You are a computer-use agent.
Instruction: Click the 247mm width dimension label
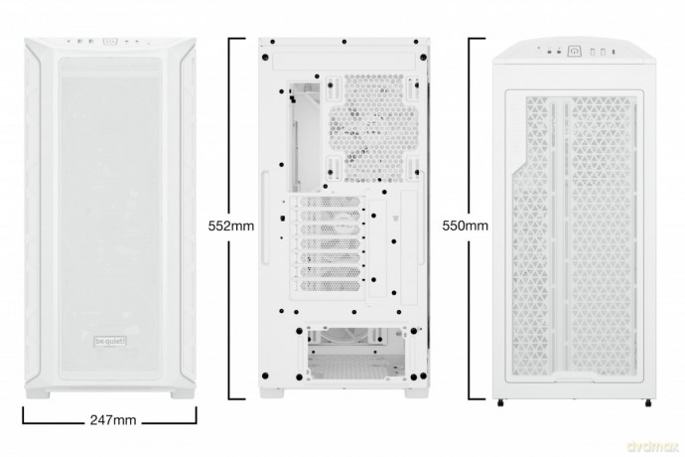pyautogui.click(x=113, y=420)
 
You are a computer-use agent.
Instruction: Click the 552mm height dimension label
pyautogui.click(x=231, y=226)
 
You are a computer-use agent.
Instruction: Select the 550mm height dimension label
pyautogui.click(x=466, y=226)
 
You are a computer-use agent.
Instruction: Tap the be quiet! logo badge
pyautogui.click(x=110, y=341)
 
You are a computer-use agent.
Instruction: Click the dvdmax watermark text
pyautogui.click(x=652, y=446)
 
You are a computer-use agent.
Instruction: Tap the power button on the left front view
pyautogui.click(x=110, y=42)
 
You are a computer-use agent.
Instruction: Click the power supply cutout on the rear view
pyautogui.click(x=356, y=354)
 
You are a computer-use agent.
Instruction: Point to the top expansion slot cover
pyautogui.click(x=330, y=202)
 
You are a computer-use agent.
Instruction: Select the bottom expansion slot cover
pyautogui.click(x=330, y=286)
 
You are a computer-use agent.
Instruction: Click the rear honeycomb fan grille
pyautogui.click(x=373, y=128)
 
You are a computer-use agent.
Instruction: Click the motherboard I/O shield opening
pyautogui.click(x=304, y=136)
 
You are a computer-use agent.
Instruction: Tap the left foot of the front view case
pyautogui.click(x=38, y=394)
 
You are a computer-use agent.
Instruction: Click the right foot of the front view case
pyautogui.click(x=183, y=394)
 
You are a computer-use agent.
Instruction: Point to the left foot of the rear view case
pyautogui.click(x=272, y=392)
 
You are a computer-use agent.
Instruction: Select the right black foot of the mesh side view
pyautogui.click(x=648, y=402)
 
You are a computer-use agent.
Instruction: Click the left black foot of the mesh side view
pyautogui.click(x=500, y=402)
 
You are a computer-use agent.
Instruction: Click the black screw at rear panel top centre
pyautogui.click(x=344, y=42)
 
